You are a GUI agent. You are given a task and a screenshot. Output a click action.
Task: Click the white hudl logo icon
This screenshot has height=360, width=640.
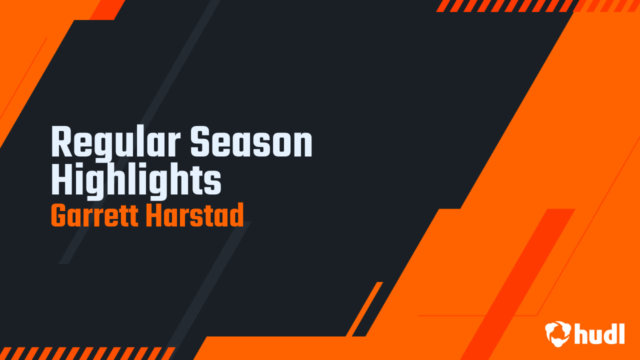point(558,333)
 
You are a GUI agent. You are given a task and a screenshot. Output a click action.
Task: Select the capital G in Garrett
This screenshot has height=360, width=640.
point(58,216)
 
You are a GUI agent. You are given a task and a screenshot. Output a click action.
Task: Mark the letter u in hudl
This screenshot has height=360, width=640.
point(593,335)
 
